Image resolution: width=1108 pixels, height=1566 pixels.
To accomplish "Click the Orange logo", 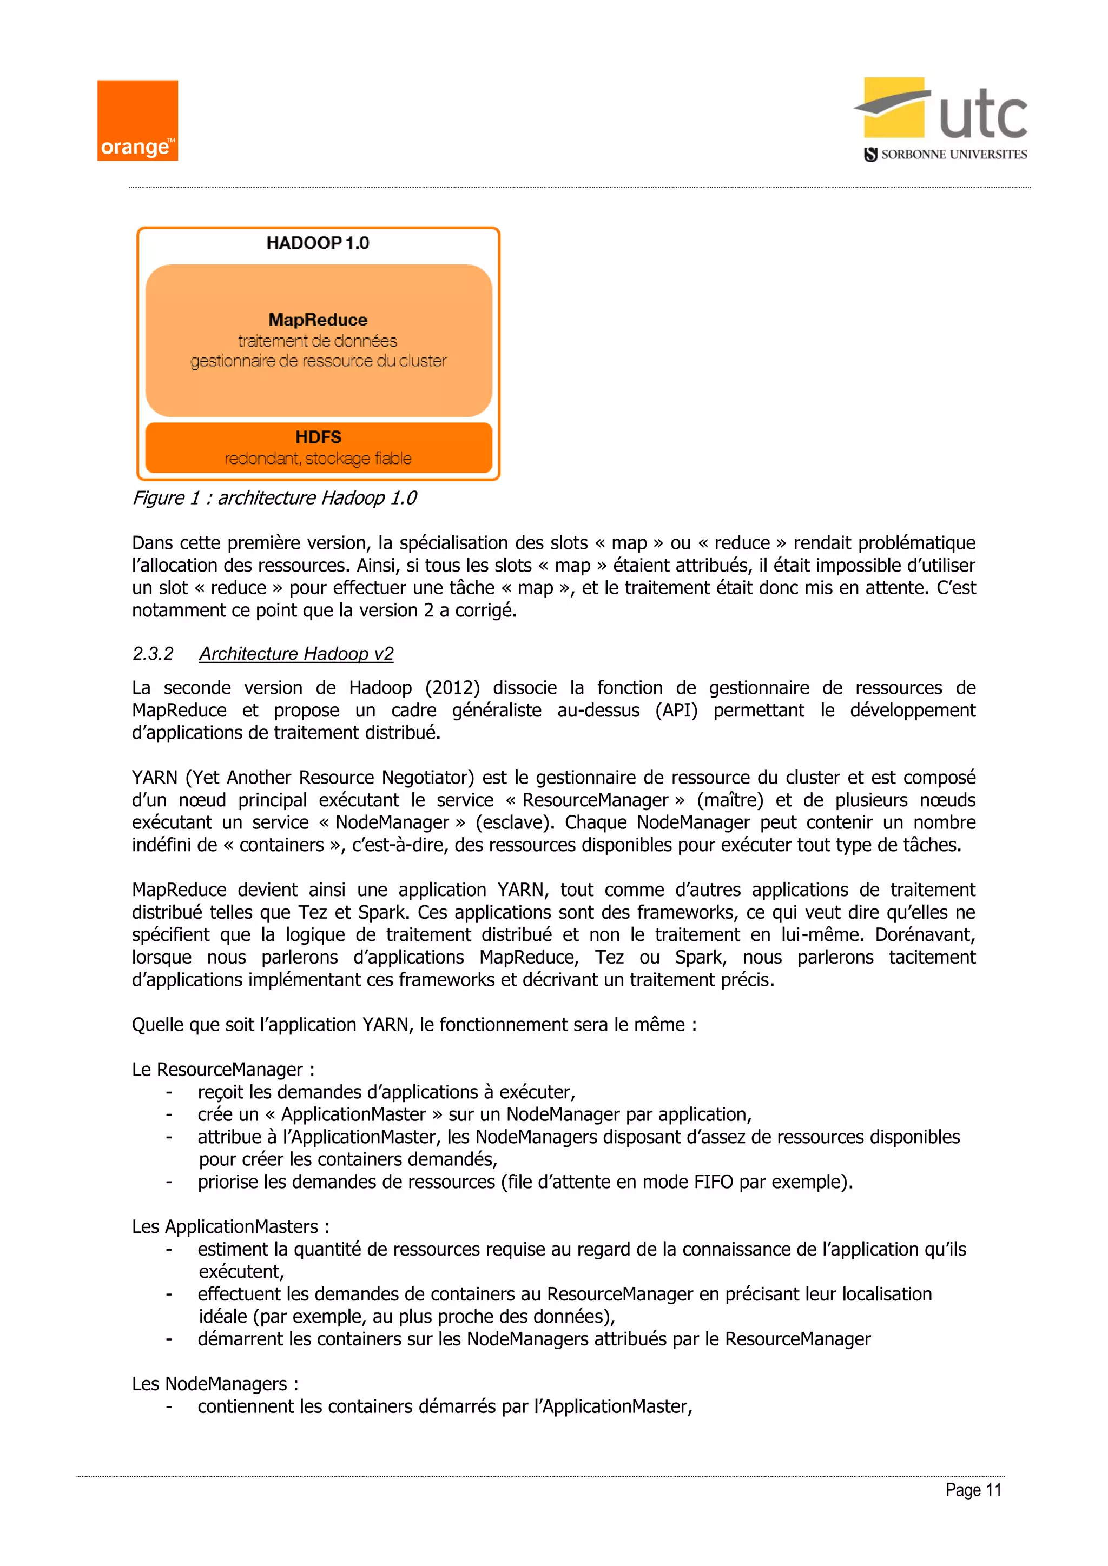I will [137, 121].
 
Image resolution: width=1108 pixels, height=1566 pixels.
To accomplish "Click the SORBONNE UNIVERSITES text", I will [953, 155].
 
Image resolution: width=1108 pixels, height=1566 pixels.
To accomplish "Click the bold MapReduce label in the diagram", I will [318, 320].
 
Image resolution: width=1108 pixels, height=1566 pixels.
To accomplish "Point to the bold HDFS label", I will [318, 437].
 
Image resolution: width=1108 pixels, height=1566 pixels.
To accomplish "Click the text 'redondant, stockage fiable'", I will [318, 459].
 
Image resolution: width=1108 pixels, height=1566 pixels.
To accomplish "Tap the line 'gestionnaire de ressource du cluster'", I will [318, 361].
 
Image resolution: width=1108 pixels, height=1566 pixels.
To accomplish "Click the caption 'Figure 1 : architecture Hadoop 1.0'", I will [274, 498].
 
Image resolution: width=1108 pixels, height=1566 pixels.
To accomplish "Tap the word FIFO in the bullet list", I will [714, 1182].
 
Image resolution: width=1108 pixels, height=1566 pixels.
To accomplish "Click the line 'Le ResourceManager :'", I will [223, 1070].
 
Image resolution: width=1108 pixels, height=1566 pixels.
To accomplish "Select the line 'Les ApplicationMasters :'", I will [230, 1226].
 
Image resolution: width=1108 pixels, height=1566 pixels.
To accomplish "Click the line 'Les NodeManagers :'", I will [215, 1384].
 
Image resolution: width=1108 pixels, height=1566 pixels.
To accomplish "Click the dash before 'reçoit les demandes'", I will [168, 1093].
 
